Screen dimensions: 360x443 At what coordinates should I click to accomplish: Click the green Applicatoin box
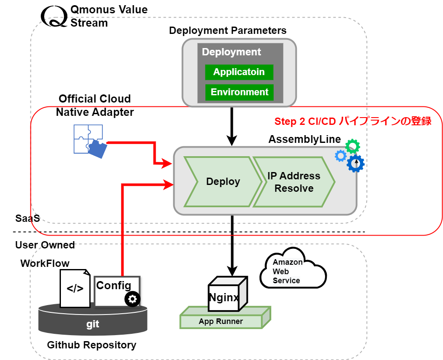tap(239, 72)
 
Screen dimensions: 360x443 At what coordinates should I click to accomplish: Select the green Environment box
tap(239, 92)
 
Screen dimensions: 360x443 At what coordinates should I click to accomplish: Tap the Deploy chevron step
tap(223, 182)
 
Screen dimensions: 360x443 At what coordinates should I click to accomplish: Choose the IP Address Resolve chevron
tap(294, 182)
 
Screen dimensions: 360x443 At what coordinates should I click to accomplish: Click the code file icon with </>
tap(75, 288)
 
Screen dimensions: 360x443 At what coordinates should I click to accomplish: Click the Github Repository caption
tap(91, 345)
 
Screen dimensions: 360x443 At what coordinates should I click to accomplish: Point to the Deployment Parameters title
tap(228, 30)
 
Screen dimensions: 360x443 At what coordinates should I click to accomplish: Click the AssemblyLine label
tap(304, 139)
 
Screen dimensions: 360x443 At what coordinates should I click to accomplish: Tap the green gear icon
tap(353, 147)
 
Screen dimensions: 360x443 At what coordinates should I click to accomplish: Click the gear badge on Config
tap(132, 299)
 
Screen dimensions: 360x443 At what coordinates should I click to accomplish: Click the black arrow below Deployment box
tap(232, 127)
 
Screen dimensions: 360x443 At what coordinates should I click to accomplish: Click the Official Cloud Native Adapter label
tap(95, 106)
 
